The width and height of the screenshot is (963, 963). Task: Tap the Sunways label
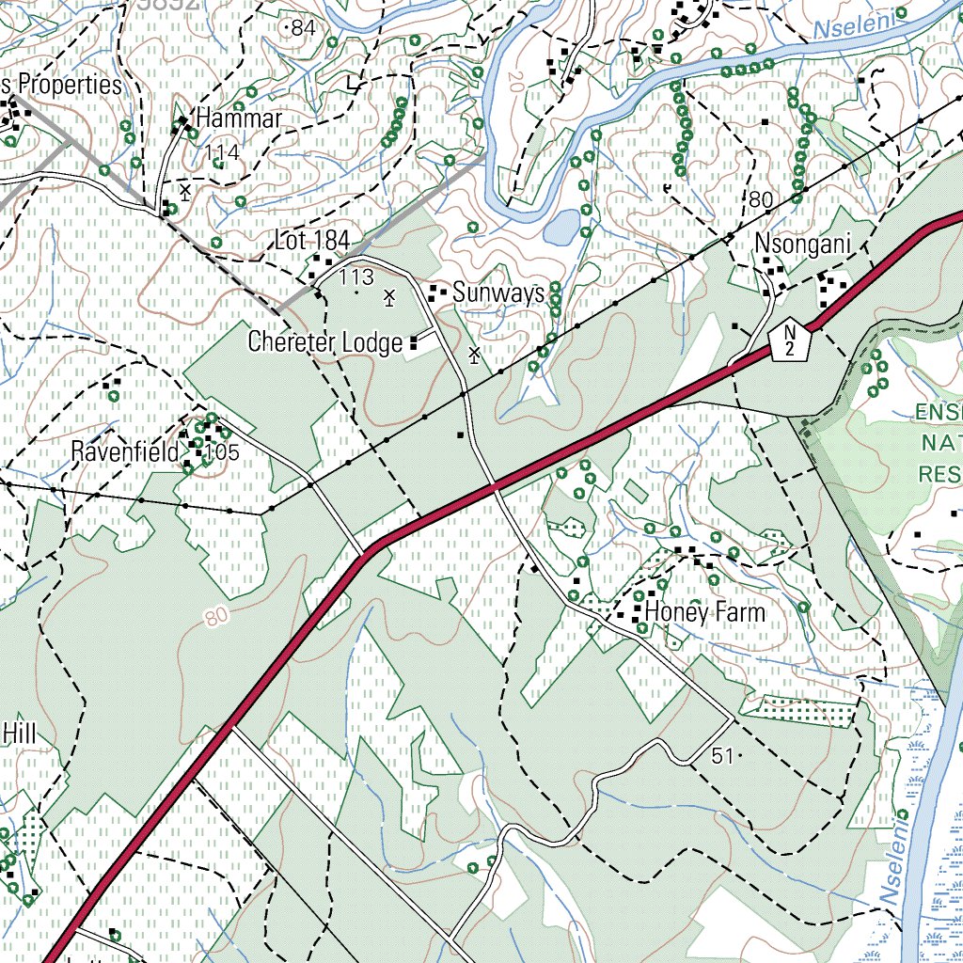click(498, 293)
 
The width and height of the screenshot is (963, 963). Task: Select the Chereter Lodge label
click(325, 343)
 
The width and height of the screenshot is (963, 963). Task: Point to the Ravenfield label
click(124, 452)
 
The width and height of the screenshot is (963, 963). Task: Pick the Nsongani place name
click(803, 245)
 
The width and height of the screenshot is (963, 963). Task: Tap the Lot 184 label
click(312, 240)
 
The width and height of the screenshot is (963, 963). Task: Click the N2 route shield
click(791, 339)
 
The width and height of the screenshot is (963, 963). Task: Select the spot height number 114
click(222, 153)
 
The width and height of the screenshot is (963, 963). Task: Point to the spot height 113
click(356, 276)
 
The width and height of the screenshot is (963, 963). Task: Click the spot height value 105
click(223, 452)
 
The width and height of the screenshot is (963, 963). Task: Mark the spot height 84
click(303, 29)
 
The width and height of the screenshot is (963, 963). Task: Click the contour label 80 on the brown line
click(215, 618)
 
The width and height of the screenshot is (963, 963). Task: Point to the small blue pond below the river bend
click(561, 227)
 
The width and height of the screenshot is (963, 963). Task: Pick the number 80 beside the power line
click(761, 199)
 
